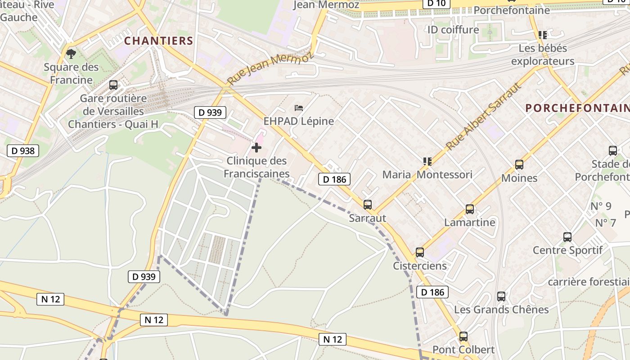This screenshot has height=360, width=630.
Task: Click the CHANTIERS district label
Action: point(158,41)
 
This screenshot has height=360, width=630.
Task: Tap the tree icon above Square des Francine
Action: point(71,54)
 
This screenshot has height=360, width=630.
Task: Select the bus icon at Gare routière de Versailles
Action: point(113,85)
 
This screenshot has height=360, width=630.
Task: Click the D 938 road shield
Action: point(23,151)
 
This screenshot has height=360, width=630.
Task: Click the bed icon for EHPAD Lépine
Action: point(299,108)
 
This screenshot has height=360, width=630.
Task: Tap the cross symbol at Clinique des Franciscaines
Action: point(256,148)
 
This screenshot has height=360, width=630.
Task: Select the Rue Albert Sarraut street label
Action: point(484,116)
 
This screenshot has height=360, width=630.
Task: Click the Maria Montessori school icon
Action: point(427,161)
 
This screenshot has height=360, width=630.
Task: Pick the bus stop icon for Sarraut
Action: point(368,205)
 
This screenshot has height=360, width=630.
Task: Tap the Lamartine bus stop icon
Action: point(470,209)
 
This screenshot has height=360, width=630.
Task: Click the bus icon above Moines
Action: point(519,165)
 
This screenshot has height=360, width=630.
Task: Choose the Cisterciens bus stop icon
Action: point(420,252)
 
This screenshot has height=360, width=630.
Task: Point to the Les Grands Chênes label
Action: point(501,310)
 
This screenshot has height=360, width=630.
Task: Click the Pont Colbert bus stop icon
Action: point(463,336)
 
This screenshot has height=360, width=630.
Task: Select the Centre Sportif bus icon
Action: point(567,237)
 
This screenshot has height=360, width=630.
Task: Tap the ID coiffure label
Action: point(453,30)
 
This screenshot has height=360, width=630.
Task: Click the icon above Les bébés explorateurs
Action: point(543,35)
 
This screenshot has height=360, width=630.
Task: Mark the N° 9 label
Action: point(601,206)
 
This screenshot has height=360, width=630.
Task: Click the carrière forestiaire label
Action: point(589,282)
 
